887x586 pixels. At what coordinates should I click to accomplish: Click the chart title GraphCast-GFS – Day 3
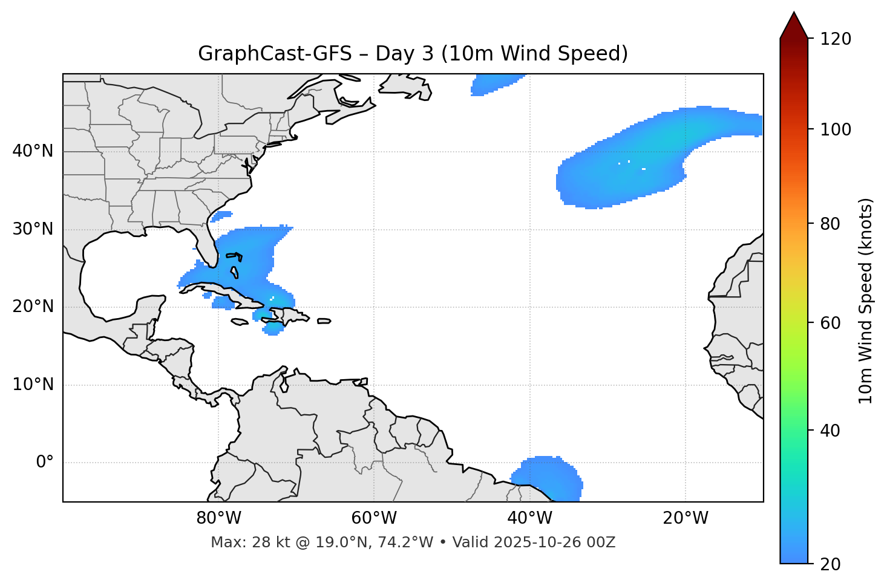pos(413,54)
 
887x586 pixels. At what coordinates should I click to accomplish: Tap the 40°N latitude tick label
pos(33,151)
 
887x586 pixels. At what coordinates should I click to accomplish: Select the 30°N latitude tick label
pos(33,229)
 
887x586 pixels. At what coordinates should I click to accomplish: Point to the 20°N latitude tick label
pos(33,307)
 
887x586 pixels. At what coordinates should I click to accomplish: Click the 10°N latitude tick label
pos(33,385)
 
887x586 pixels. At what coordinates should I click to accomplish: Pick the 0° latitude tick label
pos(45,463)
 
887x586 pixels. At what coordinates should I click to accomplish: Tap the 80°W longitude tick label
pos(218,518)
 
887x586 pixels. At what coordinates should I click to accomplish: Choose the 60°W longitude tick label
pos(374,518)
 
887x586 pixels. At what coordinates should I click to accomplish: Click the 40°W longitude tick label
pos(529,518)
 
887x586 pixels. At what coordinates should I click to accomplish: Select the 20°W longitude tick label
pos(685,518)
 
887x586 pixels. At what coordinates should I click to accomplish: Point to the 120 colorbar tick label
pos(836,39)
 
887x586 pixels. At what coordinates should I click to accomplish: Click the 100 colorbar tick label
pos(836,129)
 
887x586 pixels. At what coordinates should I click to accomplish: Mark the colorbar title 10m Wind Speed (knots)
pos(866,301)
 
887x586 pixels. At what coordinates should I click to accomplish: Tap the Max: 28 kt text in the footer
pos(241,542)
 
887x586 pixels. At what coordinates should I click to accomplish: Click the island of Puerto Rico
pos(324,321)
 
